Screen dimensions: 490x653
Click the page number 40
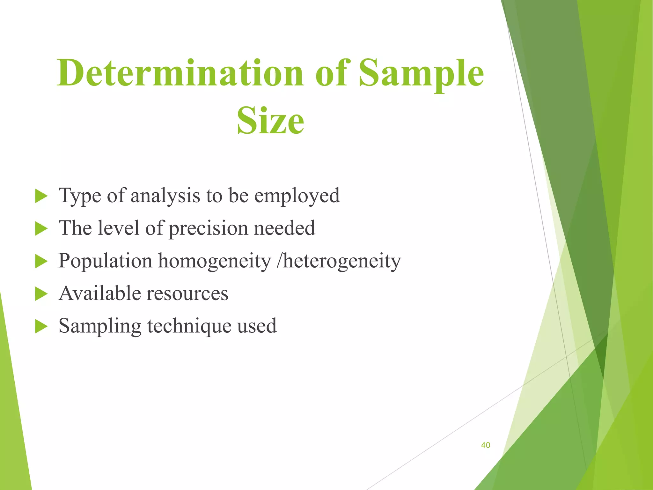click(485, 445)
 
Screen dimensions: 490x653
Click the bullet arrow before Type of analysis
click(41, 196)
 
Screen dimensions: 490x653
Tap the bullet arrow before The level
click(41, 229)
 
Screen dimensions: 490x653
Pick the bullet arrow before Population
click(41, 261)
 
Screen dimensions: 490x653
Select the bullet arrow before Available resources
click(41, 294)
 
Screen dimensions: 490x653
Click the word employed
click(297, 196)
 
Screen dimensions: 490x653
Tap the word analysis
click(165, 196)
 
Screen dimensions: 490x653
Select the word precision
click(208, 228)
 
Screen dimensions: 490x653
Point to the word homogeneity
click(215, 261)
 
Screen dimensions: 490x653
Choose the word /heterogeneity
click(339, 261)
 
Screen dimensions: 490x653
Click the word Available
click(100, 293)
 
